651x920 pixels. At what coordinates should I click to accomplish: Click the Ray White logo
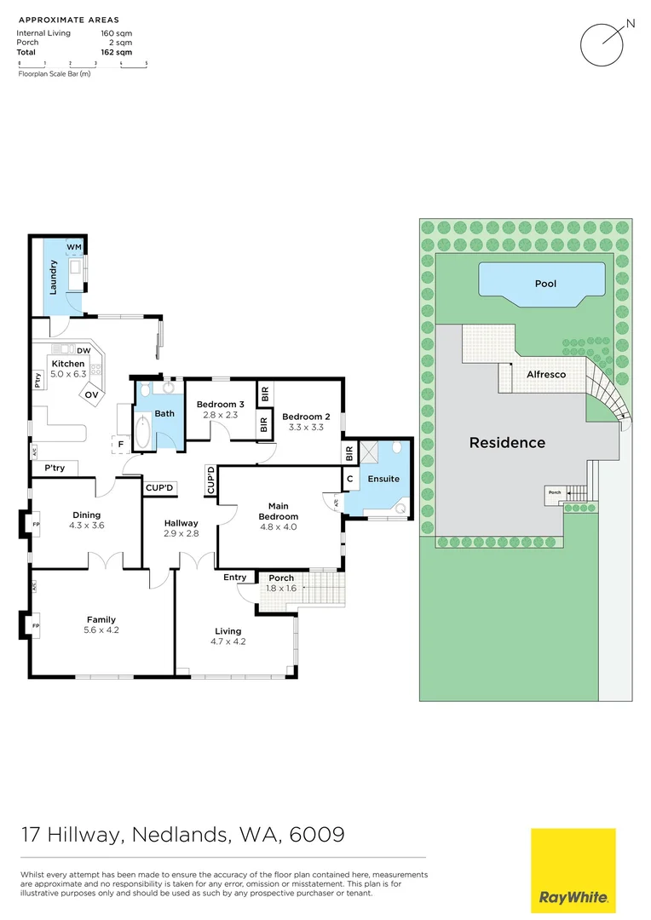[x=573, y=871]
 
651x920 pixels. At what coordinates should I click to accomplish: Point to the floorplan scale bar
[x=82, y=65]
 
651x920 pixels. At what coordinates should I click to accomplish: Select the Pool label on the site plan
[x=545, y=284]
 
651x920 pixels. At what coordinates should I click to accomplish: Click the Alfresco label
[x=546, y=374]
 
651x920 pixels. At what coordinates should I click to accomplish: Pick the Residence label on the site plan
[x=507, y=442]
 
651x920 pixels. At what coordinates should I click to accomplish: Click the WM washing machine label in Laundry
[x=74, y=247]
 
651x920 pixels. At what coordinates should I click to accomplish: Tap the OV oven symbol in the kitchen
[x=91, y=395]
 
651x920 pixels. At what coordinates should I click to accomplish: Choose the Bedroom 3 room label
[x=220, y=405]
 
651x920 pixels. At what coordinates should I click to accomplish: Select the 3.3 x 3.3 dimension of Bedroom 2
[x=306, y=427]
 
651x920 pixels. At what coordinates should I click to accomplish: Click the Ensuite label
[x=383, y=479]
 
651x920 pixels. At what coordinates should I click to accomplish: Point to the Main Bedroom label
[x=279, y=511]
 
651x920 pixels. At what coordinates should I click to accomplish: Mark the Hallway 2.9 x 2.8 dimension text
[x=181, y=533]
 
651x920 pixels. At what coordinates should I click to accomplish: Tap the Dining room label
[x=86, y=515]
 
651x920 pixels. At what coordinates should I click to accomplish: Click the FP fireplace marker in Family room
[x=36, y=625]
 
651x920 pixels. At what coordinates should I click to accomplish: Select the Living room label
[x=228, y=631]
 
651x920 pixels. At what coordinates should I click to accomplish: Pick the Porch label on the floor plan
[x=281, y=578]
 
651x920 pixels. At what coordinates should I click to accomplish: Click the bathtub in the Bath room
[x=142, y=432]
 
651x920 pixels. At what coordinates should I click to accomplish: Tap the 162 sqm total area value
[x=116, y=52]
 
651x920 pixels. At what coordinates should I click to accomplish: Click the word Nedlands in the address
[x=180, y=834]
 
